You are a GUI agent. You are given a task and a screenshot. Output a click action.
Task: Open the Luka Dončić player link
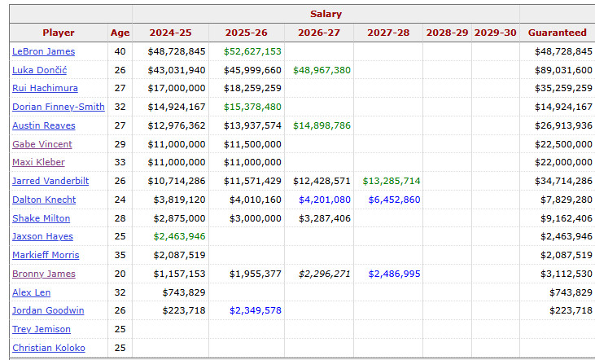(38, 70)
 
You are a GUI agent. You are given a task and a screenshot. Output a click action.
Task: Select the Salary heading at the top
(326, 14)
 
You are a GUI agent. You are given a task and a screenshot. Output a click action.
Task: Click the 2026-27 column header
(319, 33)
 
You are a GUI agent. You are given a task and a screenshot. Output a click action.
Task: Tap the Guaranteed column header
(557, 33)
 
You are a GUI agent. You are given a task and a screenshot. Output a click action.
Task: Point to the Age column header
(120, 33)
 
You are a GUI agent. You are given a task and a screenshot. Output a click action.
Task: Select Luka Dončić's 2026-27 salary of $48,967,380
(322, 70)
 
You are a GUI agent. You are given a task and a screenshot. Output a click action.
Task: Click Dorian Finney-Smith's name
(58, 107)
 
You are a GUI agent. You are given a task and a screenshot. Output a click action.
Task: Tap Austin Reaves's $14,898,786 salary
(322, 125)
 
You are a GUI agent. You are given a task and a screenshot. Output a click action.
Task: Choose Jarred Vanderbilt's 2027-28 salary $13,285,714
(392, 181)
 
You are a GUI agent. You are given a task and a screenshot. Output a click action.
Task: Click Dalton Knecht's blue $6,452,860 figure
(394, 200)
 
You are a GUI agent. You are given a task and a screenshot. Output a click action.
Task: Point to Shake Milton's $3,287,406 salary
(323, 218)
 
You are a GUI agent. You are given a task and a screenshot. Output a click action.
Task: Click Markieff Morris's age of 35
(120, 255)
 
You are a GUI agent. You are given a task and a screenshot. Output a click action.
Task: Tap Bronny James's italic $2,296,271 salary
(323, 274)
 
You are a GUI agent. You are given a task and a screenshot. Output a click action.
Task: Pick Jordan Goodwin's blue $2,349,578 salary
(255, 310)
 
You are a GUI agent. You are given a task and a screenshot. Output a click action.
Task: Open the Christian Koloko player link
(49, 348)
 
